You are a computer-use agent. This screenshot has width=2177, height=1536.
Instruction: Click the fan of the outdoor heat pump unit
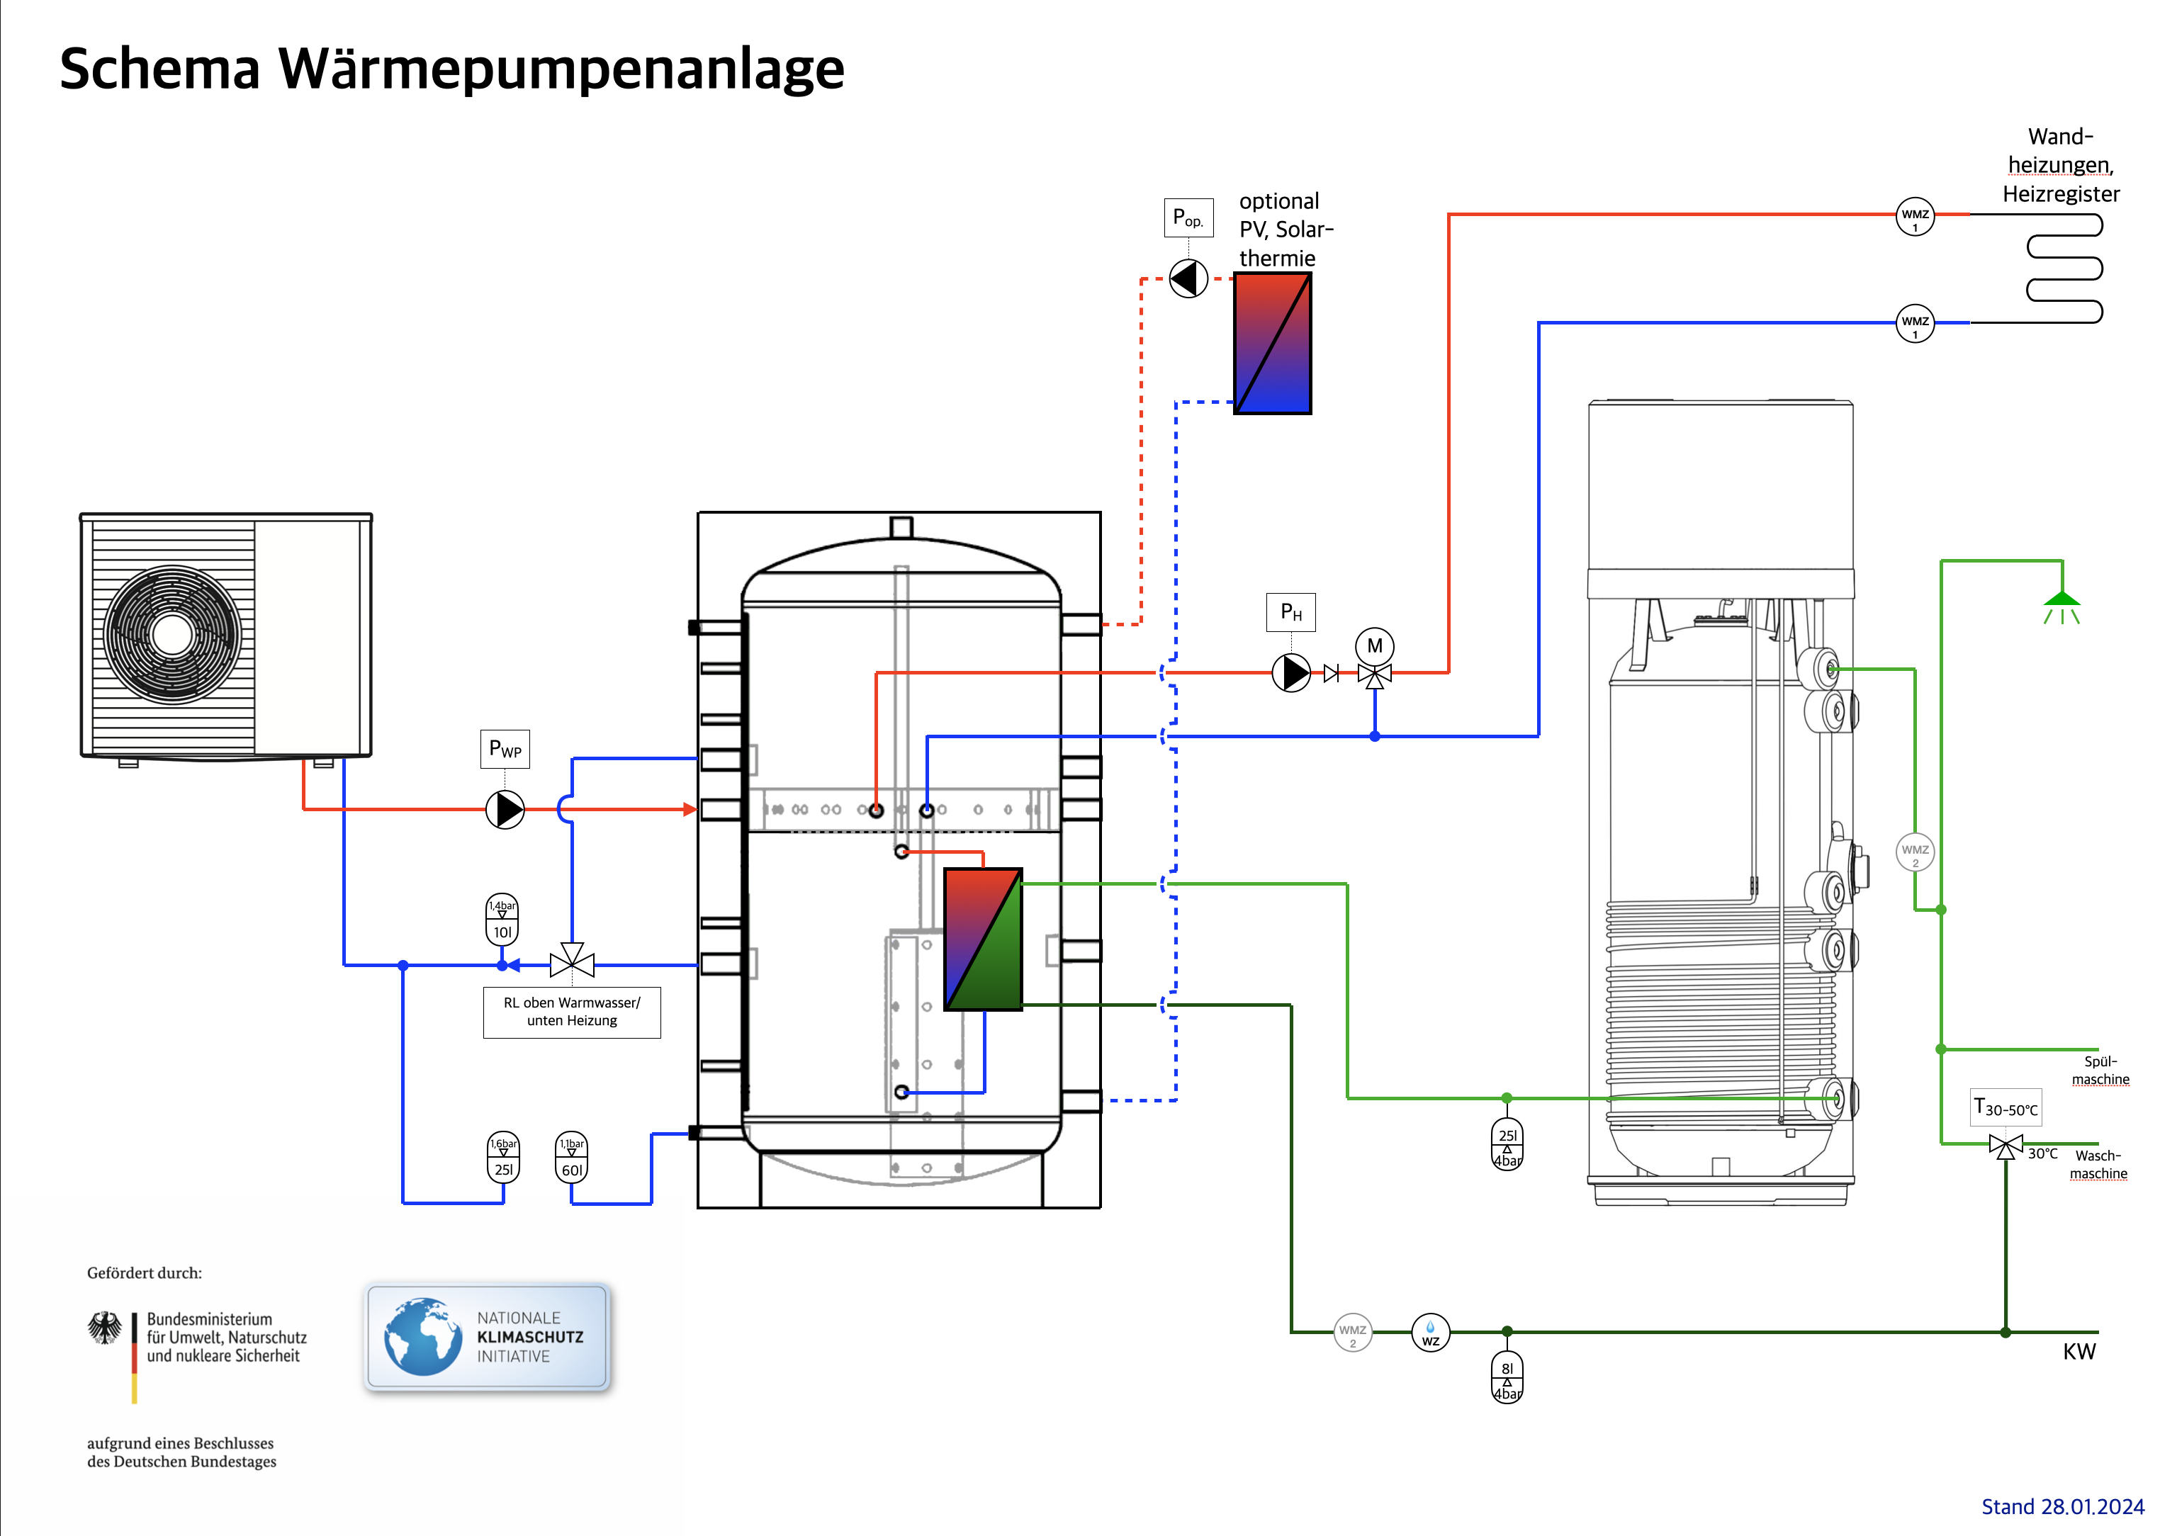(x=171, y=634)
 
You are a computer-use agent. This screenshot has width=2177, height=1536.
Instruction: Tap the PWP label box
(x=505, y=749)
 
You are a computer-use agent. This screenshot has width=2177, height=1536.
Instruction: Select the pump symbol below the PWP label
(x=505, y=810)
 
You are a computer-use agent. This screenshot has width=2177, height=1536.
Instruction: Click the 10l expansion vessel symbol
(x=502, y=920)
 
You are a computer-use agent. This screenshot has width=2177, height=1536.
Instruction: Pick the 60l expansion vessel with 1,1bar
(x=572, y=1158)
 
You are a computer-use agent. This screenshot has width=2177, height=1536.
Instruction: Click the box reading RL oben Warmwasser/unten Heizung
(x=572, y=1012)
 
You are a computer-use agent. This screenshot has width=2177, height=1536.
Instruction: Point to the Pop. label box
(x=1188, y=217)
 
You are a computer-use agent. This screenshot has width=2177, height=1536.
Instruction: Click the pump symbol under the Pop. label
(x=1188, y=278)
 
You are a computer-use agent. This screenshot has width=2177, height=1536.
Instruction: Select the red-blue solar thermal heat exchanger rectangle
(x=1273, y=343)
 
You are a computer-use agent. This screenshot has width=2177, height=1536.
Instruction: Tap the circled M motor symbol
(x=1375, y=647)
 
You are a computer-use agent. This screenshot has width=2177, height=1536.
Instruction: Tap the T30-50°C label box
(x=2006, y=1107)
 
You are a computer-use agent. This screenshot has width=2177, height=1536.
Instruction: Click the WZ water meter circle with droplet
(x=1431, y=1332)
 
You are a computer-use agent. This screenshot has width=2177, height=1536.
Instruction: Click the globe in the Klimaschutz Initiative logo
(x=423, y=1337)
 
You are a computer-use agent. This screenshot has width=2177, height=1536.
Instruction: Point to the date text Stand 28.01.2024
(x=2062, y=1507)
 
